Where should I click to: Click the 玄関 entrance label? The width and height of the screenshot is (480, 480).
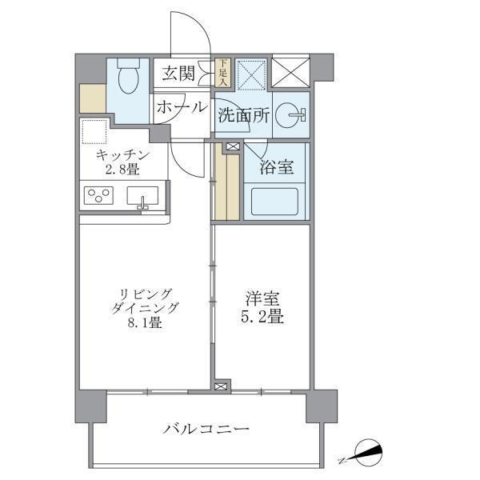[178, 74]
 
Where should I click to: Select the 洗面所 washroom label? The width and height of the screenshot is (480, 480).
[243, 115]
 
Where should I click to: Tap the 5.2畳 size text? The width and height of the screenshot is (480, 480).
[264, 316]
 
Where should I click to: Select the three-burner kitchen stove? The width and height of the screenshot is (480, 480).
[102, 195]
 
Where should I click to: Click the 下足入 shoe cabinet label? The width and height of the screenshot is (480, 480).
[223, 74]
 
